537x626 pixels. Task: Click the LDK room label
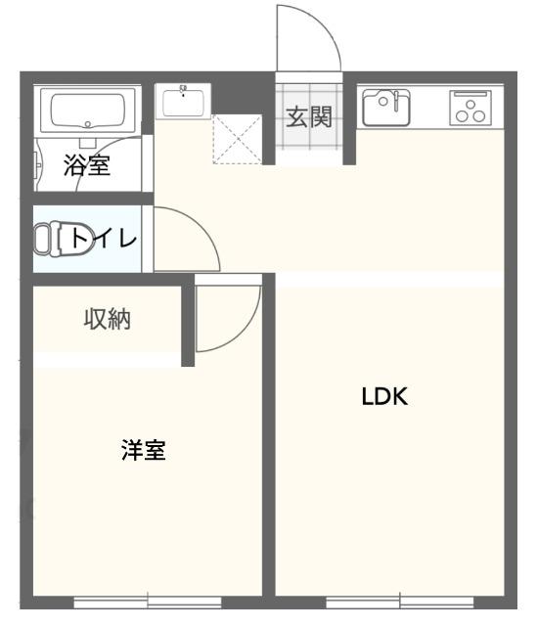(x=383, y=396)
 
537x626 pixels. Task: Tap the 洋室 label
(x=143, y=451)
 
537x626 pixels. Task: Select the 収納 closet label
(x=107, y=319)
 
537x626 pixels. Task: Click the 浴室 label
(x=87, y=165)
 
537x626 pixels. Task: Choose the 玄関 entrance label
(x=308, y=117)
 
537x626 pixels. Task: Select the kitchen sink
(x=385, y=107)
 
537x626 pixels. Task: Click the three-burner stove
(x=470, y=107)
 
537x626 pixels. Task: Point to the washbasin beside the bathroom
(x=183, y=101)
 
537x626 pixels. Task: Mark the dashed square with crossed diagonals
(x=237, y=139)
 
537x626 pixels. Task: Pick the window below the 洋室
(x=148, y=599)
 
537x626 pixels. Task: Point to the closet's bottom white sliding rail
(x=107, y=360)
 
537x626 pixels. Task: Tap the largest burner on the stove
(x=477, y=114)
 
